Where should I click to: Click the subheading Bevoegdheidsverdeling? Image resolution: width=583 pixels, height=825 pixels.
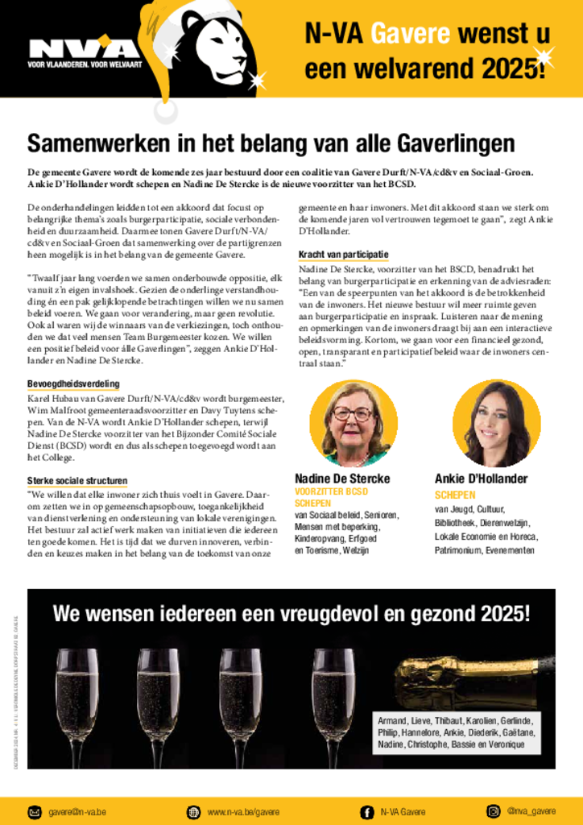pos(73,383)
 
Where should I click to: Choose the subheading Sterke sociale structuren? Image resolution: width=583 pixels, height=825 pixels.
pos(77,481)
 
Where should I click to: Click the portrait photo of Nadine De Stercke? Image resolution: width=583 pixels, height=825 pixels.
pos(353,423)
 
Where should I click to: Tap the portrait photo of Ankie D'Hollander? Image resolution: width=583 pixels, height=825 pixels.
pos(491,423)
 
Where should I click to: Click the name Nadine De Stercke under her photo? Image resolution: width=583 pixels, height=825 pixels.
pos(342,479)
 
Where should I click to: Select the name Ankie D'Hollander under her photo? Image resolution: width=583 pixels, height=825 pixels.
pos(482,479)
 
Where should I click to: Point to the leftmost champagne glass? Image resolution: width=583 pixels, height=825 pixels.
pos(77,693)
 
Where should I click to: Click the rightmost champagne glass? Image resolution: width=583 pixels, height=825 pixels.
pos(333,693)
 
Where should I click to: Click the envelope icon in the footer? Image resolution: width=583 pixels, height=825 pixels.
pos(35,811)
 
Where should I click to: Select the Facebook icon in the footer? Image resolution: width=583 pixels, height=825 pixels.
pos(366,811)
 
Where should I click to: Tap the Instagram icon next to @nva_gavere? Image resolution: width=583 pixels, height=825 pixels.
pos(493,811)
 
